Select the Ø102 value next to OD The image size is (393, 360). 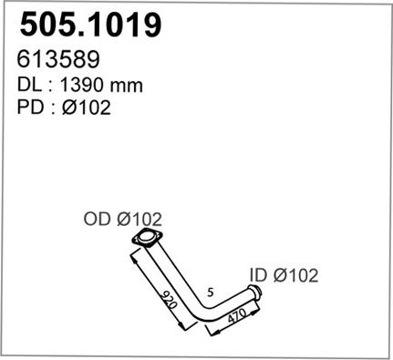(x=139, y=219)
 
